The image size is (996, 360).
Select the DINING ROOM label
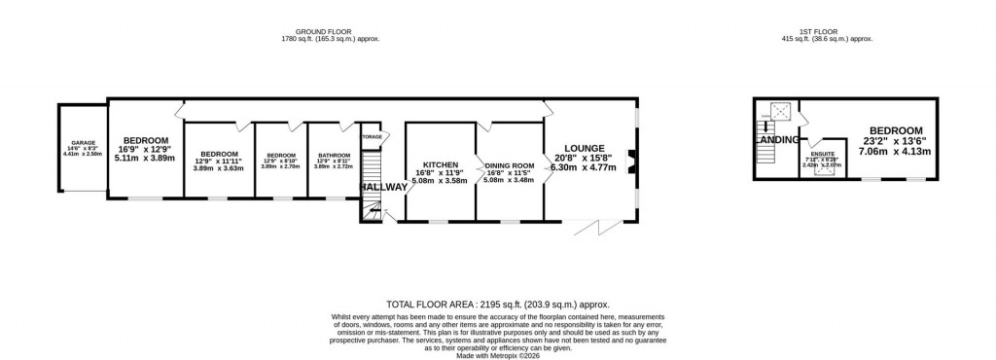pyautogui.click(x=510, y=165)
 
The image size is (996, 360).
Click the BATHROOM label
pyautogui.click(x=330, y=155)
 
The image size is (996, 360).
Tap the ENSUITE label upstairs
pyautogui.click(x=824, y=154)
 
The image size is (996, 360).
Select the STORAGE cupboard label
pyautogui.click(x=372, y=137)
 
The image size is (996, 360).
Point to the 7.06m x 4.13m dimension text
pyautogui.click(x=896, y=151)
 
